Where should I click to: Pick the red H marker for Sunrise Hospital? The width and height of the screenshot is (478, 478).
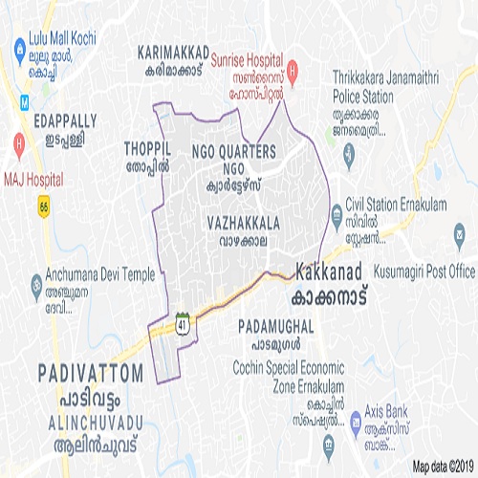click(x=293, y=69)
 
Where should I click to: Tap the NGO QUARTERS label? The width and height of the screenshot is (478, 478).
click(x=233, y=151)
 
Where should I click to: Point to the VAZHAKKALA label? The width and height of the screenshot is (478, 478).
click(x=243, y=222)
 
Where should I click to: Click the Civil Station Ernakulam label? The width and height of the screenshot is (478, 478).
click(x=390, y=203)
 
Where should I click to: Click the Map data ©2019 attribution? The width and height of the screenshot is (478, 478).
click(x=444, y=467)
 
